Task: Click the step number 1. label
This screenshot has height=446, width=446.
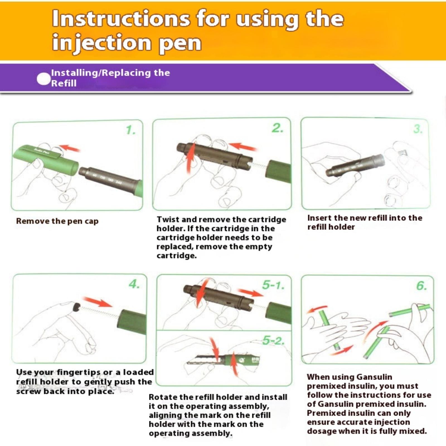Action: [131, 130]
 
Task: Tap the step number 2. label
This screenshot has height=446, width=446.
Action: [278, 128]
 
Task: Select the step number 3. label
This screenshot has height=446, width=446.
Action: [418, 129]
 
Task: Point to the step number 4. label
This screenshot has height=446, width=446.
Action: [134, 284]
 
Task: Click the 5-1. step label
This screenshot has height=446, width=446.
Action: [273, 285]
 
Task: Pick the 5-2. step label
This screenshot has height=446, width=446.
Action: [273, 340]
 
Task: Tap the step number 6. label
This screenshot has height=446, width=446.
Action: [421, 286]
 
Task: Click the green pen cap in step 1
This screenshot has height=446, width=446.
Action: [45, 160]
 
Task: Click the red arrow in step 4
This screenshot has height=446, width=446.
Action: [98, 302]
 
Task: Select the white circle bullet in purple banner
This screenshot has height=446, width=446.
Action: [43, 79]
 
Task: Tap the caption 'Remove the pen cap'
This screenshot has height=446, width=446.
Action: [57, 221]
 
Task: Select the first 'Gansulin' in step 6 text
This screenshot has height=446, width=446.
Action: [374, 377]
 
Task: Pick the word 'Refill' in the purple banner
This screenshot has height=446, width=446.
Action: [64, 83]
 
